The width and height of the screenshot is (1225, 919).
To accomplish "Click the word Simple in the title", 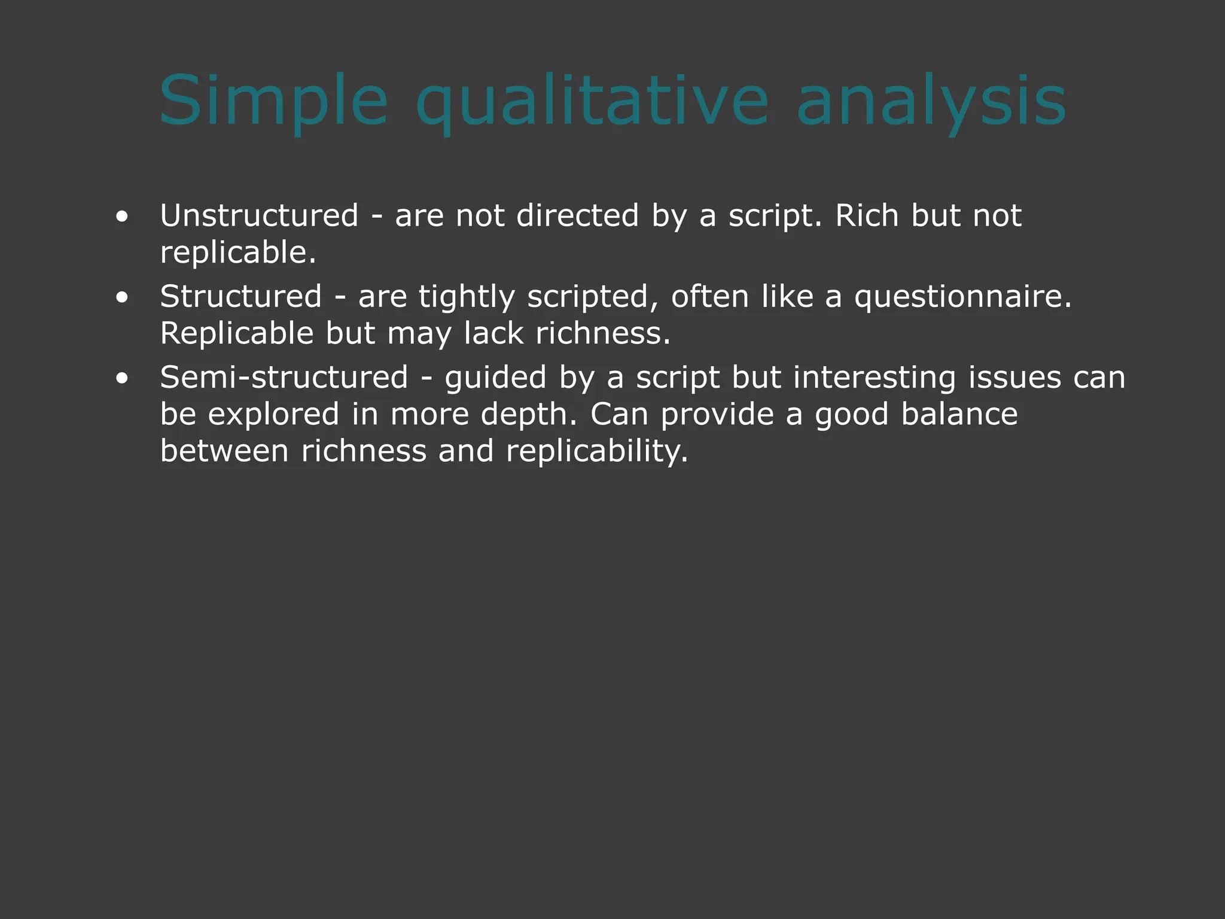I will click(x=273, y=101).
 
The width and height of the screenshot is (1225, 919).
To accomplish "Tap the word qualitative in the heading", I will click(x=592, y=101).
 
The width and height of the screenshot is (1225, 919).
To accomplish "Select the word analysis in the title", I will click(x=931, y=101).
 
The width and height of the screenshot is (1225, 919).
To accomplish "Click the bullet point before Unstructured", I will click(x=122, y=217).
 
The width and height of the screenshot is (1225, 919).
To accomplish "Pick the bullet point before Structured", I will click(x=122, y=297).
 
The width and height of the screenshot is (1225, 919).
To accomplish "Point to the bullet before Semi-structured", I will click(x=122, y=378).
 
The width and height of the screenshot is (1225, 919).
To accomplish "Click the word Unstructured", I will click(x=259, y=215).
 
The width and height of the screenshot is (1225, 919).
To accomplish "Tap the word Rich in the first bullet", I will click(x=867, y=215).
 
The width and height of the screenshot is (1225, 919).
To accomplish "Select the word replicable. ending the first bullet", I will click(x=237, y=252).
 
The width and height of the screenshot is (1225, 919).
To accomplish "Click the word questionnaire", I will click(x=962, y=297).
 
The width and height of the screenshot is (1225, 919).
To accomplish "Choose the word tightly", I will click(x=466, y=297).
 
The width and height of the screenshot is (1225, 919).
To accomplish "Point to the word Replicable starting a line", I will click(x=236, y=333).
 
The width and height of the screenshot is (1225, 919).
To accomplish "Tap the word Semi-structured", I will click(x=284, y=378).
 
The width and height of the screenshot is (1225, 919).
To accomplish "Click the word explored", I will click(x=273, y=414).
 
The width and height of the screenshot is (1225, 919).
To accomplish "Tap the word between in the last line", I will click(x=224, y=451).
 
